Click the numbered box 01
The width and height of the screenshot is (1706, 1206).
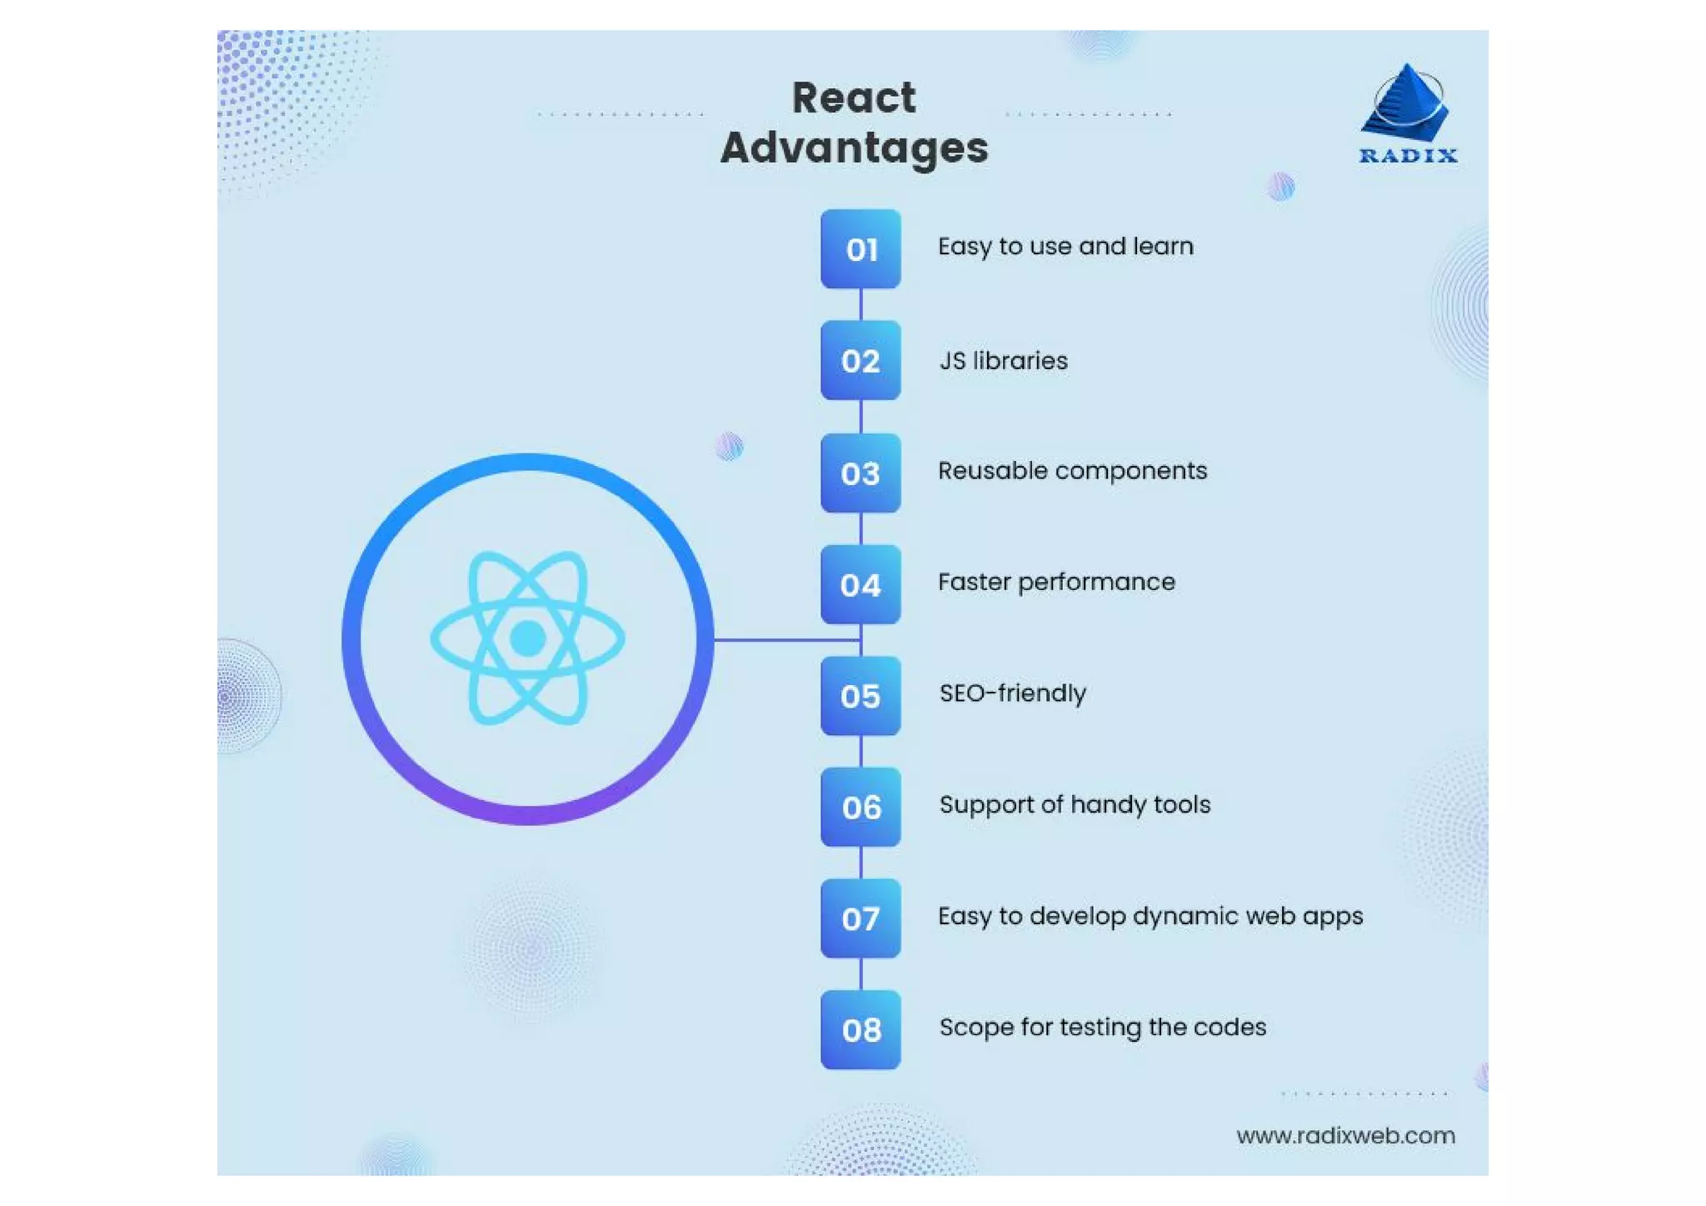coord(860,249)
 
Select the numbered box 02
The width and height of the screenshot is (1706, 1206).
coord(860,361)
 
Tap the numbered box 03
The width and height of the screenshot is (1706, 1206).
coord(860,473)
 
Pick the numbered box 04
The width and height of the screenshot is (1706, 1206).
coord(860,584)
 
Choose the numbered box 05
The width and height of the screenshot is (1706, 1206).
coord(860,696)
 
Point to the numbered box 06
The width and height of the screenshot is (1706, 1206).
coord(860,807)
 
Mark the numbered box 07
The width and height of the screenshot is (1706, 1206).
coord(860,918)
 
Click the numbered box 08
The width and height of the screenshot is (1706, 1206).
coord(860,1030)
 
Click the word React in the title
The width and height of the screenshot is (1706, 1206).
coord(854,98)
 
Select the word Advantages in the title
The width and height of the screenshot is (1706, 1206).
coord(854,148)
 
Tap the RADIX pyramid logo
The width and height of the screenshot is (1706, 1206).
coord(1407,103)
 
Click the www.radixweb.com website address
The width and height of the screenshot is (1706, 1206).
coord(1345,1136)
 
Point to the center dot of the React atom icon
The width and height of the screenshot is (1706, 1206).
coord(527,639)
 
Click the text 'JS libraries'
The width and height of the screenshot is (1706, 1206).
coord(1003,361)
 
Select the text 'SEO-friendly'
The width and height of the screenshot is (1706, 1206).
coord(1012,693)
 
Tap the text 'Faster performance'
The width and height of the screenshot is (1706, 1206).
coord(1056,582)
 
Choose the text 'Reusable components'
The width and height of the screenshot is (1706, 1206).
coord(1072,471)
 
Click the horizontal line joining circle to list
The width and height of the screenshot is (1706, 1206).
coord(786,640)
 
